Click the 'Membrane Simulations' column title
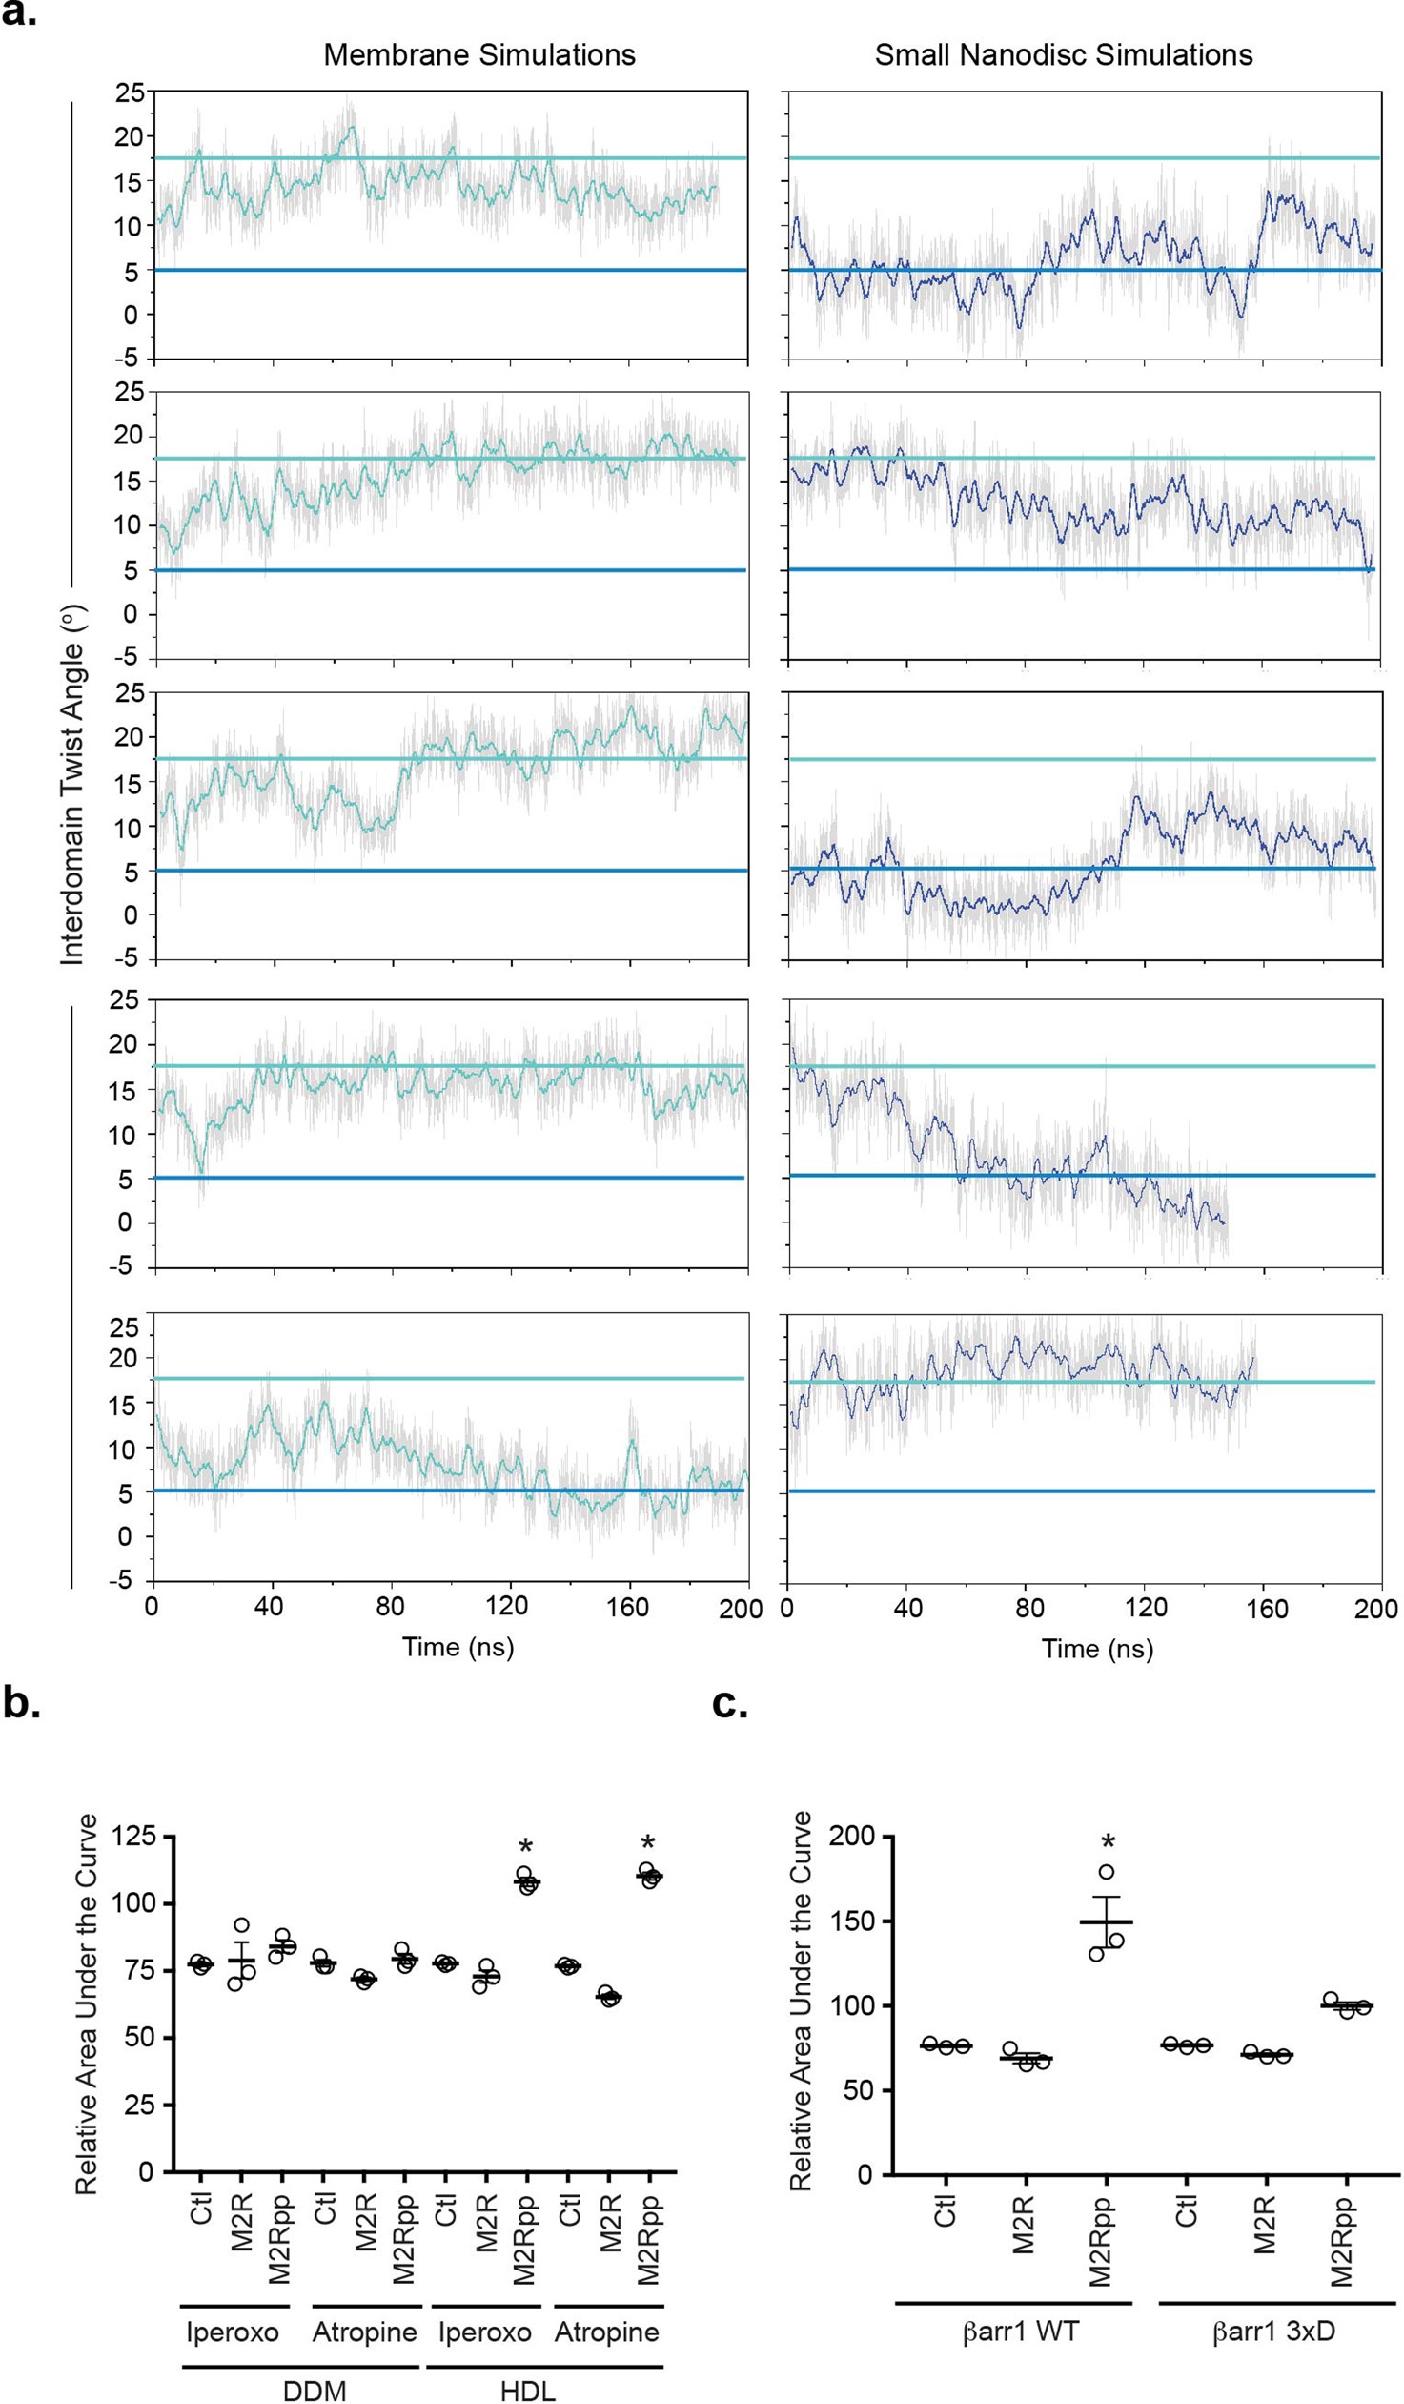(478, 54)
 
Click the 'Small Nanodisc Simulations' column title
(1064, 54)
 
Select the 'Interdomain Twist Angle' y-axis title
(73, 784)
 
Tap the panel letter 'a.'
(19, 14)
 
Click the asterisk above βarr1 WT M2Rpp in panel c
(1108, 1841)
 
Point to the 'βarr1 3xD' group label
(1273, 2332)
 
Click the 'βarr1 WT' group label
(1021, 2332)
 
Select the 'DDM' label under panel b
(315, 2390)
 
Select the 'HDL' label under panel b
(527, 2390)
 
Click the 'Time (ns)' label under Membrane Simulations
(458, 1647)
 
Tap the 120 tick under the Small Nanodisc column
(1146, 1608)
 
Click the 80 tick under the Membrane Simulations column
(389, 1607)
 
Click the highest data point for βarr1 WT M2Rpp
(1107, 1873)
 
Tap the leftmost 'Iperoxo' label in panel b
(232, 2332)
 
